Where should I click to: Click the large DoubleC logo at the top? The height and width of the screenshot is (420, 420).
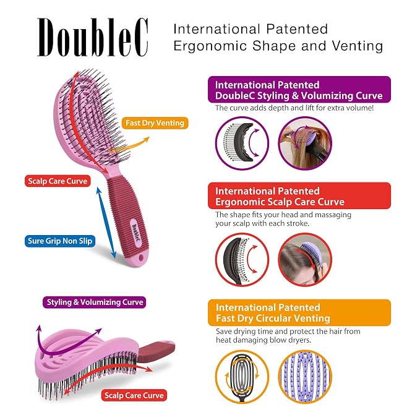pyautogui.click(x=93, y=37)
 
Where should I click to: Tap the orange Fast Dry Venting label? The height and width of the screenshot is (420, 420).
pyautogui.click(x=155, y=123)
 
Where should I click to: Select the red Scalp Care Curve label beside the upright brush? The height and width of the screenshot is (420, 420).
pyautogui.click(x=58, y=181)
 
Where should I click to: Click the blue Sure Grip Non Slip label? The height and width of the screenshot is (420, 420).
pyautogui.click(x=60, y=241)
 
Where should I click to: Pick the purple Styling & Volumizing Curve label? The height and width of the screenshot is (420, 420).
pyautogui.click(x=95, y=302)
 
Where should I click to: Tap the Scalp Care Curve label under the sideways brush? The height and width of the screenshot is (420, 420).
pyautogui.click(x=134, y=395)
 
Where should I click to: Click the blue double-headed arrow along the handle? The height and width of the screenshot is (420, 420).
pyautogui.click(x=106, y=223)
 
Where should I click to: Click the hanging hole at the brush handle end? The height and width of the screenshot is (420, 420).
pyautogui.click(x=141, y=258)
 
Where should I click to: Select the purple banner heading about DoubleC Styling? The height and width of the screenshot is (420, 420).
pyautogui.click(x=299, y=90)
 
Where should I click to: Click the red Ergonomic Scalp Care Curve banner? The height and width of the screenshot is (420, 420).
pyautogui.click(x=299, y=196)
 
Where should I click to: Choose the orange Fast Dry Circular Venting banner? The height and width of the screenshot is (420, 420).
pyautogui.click(x=299, y=312)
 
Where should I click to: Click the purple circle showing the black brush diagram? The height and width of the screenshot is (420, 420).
pyautogui.click(x=242, y=144)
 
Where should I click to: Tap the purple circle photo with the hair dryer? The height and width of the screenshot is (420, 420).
pyautogui.click(x=305, y=144)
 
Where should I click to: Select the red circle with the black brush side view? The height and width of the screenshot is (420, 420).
pyautogui.click(x=242, y=260)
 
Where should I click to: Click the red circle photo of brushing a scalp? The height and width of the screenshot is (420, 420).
pyautogui.click(x=305, y=260)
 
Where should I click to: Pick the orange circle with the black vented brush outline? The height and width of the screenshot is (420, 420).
pyautogui.click(x=242, y=377)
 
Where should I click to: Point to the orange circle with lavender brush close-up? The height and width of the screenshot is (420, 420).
pyautogui.click(x=305, y=377)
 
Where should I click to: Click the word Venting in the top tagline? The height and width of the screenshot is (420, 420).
pyautogui.click(x=358, y=46)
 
